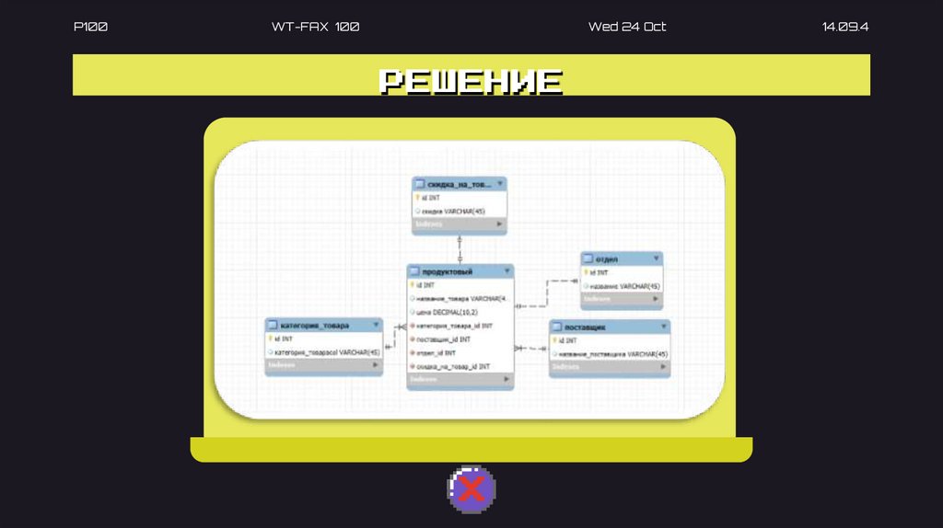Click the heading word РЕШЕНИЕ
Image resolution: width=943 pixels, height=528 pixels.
click(471, 81)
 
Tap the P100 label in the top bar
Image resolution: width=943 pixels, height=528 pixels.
click(90, 27)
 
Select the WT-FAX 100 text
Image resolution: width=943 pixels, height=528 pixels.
click(315, 27)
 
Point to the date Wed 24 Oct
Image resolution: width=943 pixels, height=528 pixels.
click(626, 27)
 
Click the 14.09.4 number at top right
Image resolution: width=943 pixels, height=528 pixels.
click(844, 27)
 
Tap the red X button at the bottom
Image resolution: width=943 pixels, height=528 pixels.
click(471, 488)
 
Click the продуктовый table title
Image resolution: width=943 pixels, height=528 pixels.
click(448, 272)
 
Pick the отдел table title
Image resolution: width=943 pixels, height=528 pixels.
click(607, 259)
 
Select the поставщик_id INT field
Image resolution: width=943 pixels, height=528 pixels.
click(443, 339)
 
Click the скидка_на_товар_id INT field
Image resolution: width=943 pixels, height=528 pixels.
click(453, 367)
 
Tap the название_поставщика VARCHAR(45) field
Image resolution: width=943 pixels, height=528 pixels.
click(612, 354)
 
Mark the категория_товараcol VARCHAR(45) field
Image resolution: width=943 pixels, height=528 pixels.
click(327, 352)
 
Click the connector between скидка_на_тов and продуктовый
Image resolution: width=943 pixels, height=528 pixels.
click(460, 248)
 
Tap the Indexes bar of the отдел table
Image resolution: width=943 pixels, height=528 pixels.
click(621, 299)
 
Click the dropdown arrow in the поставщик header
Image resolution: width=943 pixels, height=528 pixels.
click(662, 327)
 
